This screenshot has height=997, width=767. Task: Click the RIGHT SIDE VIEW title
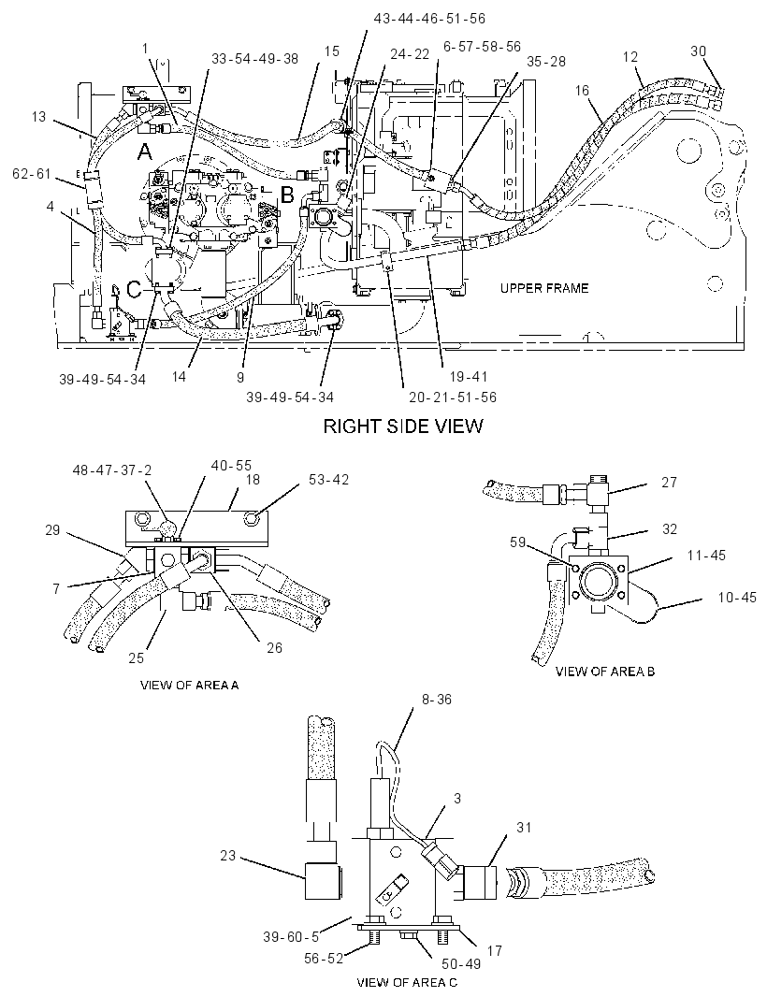point(403,426)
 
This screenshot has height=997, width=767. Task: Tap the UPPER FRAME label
point(543,288)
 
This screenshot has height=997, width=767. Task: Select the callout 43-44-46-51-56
point(429,19)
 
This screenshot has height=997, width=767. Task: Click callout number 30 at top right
point(699,51)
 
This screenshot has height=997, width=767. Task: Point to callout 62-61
point(31,173)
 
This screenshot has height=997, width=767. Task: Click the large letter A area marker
point(145,152)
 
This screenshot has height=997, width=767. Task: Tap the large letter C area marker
point(134,290)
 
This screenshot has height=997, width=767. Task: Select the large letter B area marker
point(287,195)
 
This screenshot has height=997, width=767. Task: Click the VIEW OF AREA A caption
point(190,686)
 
